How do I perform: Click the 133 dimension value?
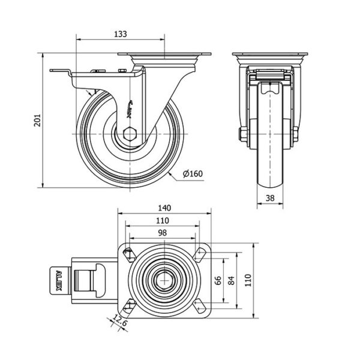pos(121,34)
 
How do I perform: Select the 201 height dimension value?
pos(37,120)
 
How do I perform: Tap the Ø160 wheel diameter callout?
pos(193,174)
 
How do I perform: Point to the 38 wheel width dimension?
pos(270,198)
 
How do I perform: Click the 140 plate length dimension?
pos(164,208)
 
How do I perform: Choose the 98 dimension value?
pos(163,233)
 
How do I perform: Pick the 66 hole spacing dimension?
pos(218,280)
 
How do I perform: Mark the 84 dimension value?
pos(232,280)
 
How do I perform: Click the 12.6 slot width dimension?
pos(120,321)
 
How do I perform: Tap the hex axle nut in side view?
pos(130,134)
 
